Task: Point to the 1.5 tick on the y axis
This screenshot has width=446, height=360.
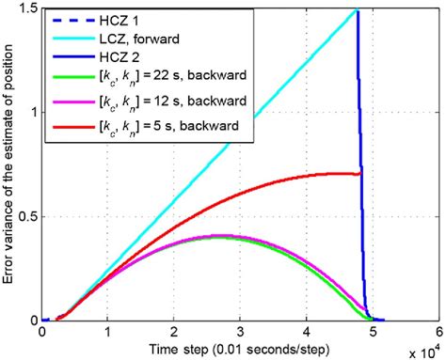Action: [26, 8]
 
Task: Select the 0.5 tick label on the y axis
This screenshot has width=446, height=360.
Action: [26, 216]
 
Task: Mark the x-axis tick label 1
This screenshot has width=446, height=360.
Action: [108, 332]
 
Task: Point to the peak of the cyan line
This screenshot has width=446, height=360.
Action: [357, 10]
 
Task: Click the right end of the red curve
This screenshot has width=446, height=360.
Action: [361, 173]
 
